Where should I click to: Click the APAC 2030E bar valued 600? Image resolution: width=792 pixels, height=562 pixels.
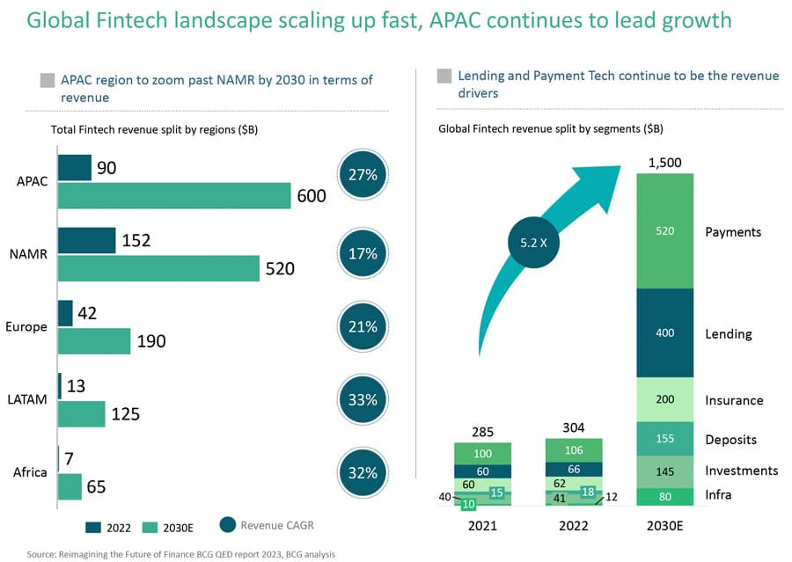click(174, 196)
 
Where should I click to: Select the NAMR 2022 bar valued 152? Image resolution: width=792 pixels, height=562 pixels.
click(86, 240)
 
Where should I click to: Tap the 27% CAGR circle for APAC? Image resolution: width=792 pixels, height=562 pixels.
click(363, 175)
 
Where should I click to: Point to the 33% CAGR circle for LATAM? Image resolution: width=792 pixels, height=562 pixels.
click(363, 399)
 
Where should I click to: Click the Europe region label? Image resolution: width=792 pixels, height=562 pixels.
click(26, 326)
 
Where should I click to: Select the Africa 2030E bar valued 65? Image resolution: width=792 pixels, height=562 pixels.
click(70, 486)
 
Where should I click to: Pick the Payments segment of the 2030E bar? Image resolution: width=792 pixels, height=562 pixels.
click(664, 231)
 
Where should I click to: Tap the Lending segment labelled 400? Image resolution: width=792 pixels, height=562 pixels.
click(664, 334)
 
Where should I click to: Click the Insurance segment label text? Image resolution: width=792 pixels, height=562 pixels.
click(734, 400)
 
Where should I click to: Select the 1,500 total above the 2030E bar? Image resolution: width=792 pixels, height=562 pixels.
click(664, 163)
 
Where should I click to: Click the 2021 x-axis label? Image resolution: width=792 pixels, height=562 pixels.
click(482, 526)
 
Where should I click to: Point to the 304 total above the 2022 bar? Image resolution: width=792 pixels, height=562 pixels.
click(573, 428)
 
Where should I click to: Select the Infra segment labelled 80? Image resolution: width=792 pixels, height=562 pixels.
click(664, 496)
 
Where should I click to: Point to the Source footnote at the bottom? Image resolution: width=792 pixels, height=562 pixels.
click(180, 554)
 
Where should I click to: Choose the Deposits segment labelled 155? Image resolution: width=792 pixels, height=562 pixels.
click(664, 439)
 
